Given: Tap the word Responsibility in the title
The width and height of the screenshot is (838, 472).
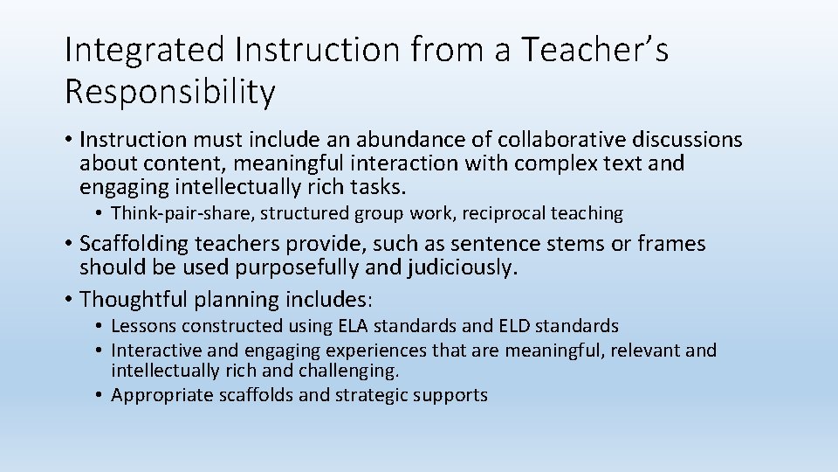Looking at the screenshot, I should tap(169, 92).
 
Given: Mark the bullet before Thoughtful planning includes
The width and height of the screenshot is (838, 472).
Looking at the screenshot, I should tap(68, 300).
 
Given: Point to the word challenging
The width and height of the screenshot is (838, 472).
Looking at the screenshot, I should tap(350, 371).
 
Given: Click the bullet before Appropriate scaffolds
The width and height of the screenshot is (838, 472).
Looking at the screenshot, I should tap(101, 395).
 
